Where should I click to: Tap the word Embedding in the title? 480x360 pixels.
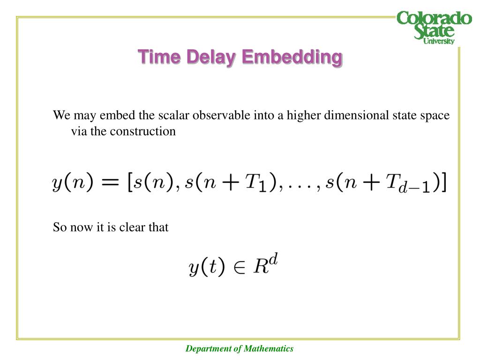(x=292, y=57)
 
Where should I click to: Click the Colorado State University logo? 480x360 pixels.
(x=434, y=27)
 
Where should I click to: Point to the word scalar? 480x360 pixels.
(x=174, y=115)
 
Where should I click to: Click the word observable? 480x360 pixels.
(x=222, y=115)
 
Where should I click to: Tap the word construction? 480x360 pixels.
(x=143, y=131)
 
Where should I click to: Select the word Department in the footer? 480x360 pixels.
(x=209, y=348)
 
